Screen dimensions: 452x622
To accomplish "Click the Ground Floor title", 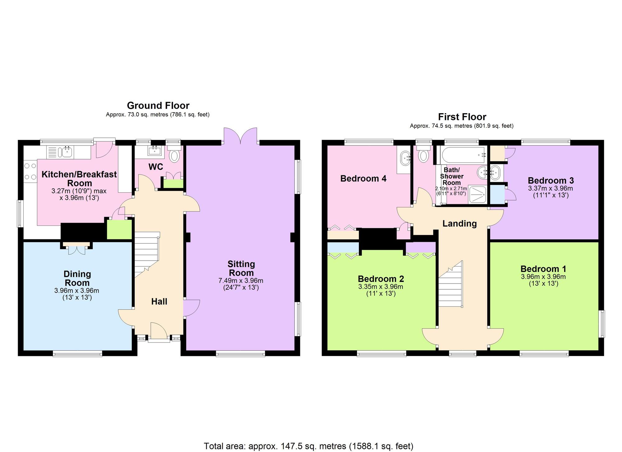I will tap(158, 106).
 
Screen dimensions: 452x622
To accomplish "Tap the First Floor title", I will tap(462, 117).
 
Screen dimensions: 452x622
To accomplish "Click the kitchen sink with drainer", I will tap(60, 152).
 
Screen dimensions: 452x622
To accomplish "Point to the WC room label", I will tap(155, 167).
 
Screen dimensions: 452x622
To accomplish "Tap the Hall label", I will tap(159, 301).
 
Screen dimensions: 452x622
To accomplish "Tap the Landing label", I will tap(459, 224).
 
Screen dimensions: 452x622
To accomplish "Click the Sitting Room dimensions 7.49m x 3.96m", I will tap(241, 281).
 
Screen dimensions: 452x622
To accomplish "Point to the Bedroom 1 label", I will tap(543, 269).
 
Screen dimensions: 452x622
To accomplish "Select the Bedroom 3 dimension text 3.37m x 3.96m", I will tap(550, 188).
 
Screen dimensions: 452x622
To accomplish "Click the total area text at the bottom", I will tap(309, 446).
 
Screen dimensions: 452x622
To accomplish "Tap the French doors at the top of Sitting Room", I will tap(240, 136).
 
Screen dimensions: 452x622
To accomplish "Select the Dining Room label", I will tap(77, 279).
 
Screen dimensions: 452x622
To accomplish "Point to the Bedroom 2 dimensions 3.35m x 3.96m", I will tap(381, 287).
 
